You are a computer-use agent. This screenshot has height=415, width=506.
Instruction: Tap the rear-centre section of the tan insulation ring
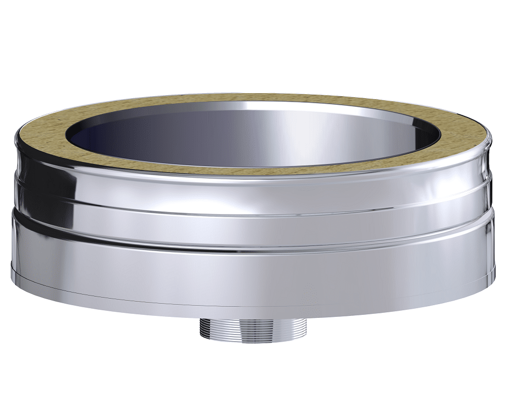(x=253, y=97)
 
